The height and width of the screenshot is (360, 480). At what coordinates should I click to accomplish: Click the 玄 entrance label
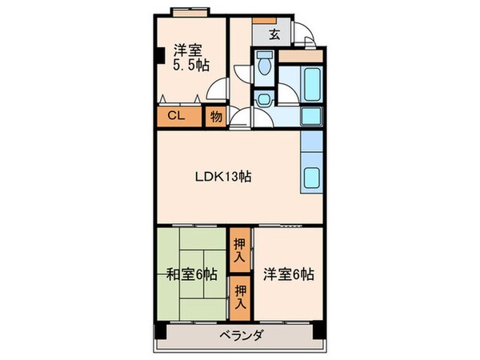pos(274,34)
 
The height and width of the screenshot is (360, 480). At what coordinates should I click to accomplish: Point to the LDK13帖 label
pos(224,177)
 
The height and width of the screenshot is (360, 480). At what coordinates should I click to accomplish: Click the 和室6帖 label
pos(191,274)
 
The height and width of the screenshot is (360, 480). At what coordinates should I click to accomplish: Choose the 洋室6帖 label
pos(288,274)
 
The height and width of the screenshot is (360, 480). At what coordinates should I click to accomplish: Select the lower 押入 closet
pos(240,297)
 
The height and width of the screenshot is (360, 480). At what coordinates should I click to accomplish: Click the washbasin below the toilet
pos(265,98)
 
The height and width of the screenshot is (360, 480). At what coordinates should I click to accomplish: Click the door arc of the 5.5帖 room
pos(219,88)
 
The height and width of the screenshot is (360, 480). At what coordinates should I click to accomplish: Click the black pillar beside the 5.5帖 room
pos(160,57)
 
